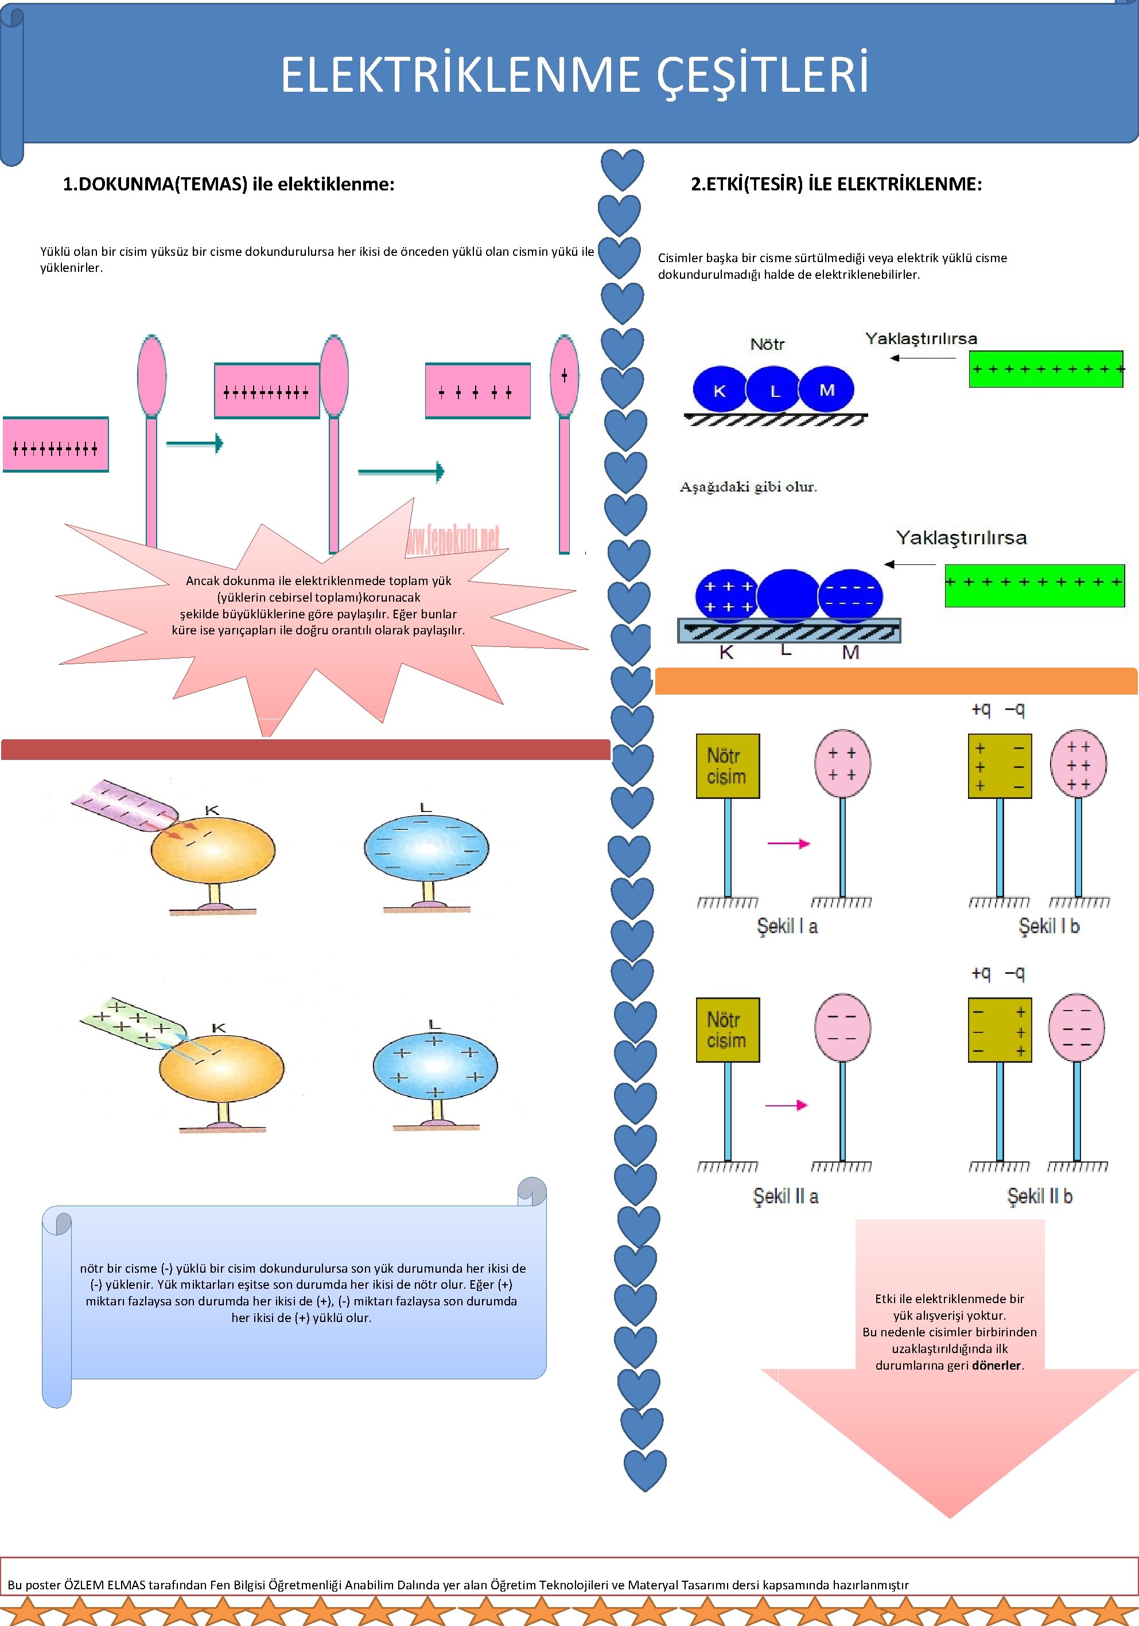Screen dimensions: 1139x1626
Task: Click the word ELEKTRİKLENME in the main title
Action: tap(460, 75)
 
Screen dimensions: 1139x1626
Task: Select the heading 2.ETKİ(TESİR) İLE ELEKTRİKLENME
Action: tap(837, 184)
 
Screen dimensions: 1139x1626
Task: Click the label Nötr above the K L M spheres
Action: tap(767, 344)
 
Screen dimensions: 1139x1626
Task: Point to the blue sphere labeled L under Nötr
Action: tap(774, 389)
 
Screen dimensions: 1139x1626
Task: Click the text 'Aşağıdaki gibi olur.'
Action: tap(748, 488)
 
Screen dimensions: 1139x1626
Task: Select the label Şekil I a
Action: tap(787, 926)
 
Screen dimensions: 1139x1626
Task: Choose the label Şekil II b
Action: tap(1040, 1196)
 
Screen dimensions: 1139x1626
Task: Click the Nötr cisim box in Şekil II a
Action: tap(728, 1030)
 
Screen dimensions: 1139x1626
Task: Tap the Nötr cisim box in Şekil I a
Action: tap(728, 766)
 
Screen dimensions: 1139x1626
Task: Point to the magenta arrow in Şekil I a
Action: tap(788, 844)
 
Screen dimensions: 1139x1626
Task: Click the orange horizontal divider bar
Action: tap(896, 681)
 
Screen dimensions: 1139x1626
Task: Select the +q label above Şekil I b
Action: tap(981, 709)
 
